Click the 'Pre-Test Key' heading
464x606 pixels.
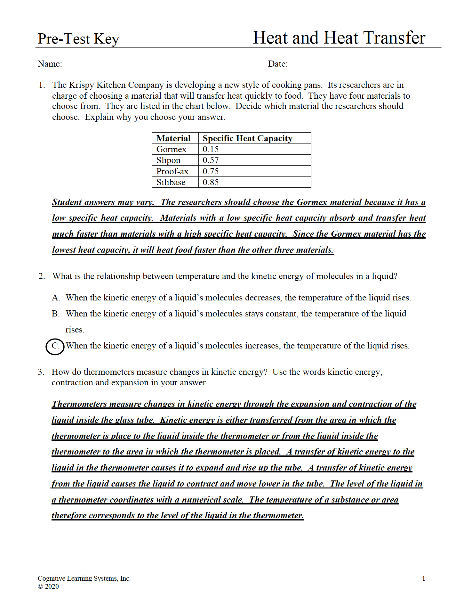tap(78, 39)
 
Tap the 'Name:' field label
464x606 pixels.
tap(50, 64)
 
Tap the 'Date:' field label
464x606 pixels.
tap(278, 64)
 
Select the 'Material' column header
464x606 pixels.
tap(173, 138)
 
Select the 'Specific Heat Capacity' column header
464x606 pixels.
tap(247, 138)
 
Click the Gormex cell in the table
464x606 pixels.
tap(171, 149)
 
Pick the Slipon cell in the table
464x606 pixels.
tap(168, 160)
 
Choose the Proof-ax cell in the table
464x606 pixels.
tap(172, 171)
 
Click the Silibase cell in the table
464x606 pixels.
tap(171, 182)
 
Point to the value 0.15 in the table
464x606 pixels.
tap(211, 149)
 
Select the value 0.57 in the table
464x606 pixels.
tap(211, 160)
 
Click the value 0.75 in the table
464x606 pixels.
tap(211, 171)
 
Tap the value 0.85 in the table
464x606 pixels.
tap(211, 182)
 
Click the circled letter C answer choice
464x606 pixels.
tap(55, 346)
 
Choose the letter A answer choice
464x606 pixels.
tap(56, 298)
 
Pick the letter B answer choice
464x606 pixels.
tap(56, 314)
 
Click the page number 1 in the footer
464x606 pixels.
tap(424, 578)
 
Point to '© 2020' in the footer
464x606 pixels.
tap(48, 586)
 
